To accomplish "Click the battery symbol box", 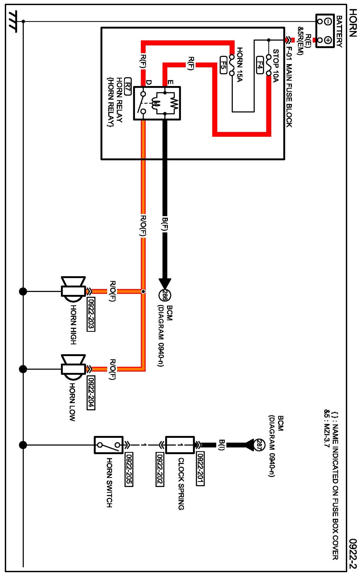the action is click(325, 31).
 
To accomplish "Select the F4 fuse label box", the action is click(260, 65).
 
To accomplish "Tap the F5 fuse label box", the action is click(223, 65).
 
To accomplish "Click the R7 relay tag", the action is click(128, 86).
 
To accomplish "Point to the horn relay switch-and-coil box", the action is click(157, 103).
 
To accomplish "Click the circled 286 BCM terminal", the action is click(165, 295).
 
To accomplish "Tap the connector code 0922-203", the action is click(91, 314).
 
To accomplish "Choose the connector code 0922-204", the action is click(91, 392).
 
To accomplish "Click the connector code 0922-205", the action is click(129, 470).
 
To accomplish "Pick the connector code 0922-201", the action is click(200, 469).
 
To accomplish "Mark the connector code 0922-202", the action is click(160, 470).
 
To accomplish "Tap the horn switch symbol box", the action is click(109, 445).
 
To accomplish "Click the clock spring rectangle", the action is click(180, 445).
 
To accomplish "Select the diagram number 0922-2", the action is click(353, 553).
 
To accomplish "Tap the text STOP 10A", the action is click(276, 66).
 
